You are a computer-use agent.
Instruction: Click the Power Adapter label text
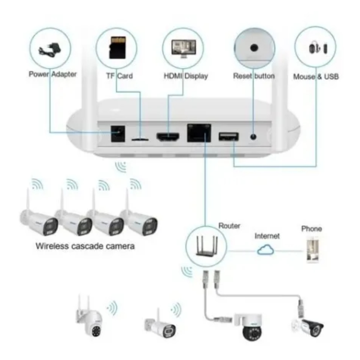coord(53,75)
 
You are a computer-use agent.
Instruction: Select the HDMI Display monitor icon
coord(183,48)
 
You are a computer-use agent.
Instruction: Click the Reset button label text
coord(254,76)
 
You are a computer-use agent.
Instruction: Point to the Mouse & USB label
coord(316,76)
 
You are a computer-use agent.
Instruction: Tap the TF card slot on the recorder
coord(140,139)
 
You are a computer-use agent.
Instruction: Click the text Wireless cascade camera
coord(85,246)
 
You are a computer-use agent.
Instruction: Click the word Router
coord(229,226)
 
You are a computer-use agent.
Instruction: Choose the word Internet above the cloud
coord(267,236)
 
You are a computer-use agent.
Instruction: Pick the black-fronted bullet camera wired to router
coord(309,327)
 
